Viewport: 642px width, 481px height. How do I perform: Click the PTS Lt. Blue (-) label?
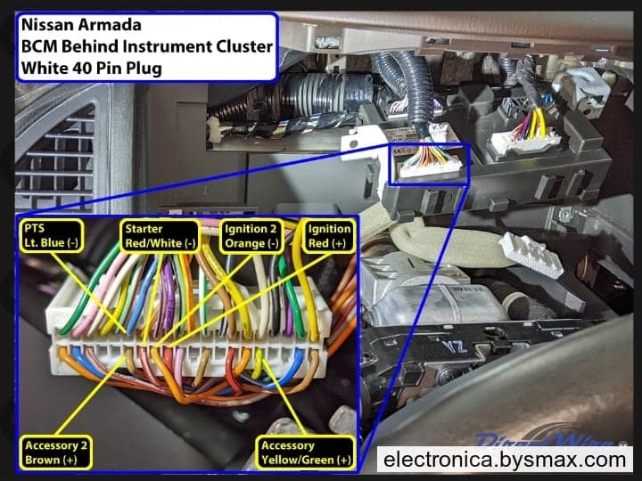(x=51, y=235)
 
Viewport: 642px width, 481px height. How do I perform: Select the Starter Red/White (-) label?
(x=160, y=236)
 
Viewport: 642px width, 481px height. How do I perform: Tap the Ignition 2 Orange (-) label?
(x=251, y=236)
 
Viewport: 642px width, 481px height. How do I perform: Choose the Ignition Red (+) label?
(x=329, y=236)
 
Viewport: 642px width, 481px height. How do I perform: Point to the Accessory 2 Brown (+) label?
(x=55, y=452)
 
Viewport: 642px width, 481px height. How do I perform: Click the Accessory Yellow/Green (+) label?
(x=306, y=452)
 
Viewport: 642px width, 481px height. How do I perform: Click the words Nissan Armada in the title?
(x=81, y=25)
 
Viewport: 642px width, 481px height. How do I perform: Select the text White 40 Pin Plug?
(x=91, y=68)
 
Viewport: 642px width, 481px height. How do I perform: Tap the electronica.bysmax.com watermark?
(x=505, y=460)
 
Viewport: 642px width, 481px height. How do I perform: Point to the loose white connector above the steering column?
(x=531, y=255)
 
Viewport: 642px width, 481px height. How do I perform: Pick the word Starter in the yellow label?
(x=144, y=229)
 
